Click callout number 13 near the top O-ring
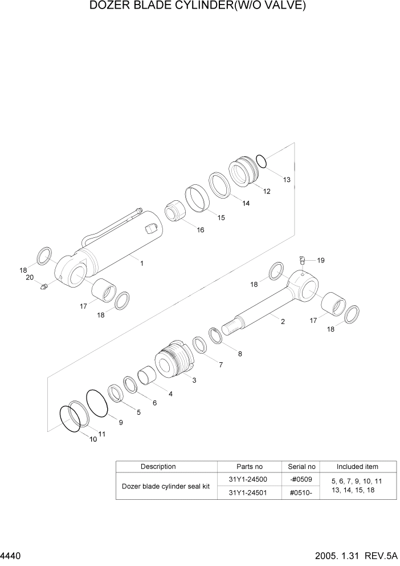click(287, 180)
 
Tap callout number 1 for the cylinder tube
click(141, 263)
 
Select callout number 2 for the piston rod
click(282, 322)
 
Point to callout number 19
click(321, 260)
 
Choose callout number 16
click(200, 230)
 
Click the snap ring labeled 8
click(215, 336)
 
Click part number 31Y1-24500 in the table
click(249, 479)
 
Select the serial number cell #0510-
click(301, 493)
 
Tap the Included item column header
click(357, 466)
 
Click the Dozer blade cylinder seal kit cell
click(166, 486)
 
